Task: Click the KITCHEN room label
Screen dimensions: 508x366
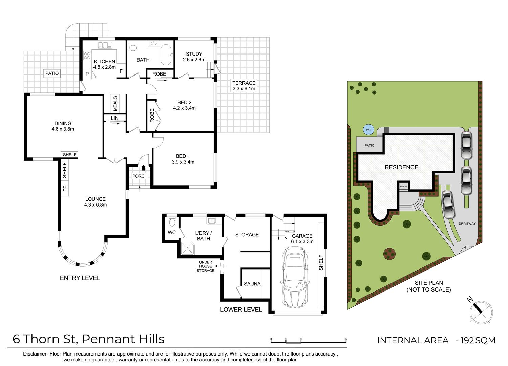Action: (x=105, y=62)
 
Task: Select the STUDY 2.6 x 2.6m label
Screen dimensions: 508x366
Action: (x=194, y=57)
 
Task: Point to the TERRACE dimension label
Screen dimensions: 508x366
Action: (x=244, y=86)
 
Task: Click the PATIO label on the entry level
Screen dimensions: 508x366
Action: (x=52, y=73)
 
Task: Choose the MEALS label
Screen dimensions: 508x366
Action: (x=115, y=103)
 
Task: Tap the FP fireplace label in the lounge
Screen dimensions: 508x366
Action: (x=65, y=188)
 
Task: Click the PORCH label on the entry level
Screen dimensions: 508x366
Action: (x=140, y=176)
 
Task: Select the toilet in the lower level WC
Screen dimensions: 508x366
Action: (x=172, y=221)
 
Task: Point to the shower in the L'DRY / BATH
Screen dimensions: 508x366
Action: (x=188, y=248)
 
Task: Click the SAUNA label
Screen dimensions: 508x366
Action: (x=252, y=284)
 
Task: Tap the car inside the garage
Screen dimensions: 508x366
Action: (x=295, y=277)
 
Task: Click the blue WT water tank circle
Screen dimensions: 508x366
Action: (x=368, y=130)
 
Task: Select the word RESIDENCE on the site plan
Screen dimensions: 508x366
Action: (x=401, y=167)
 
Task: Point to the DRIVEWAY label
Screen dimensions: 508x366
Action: (x=467, y=223)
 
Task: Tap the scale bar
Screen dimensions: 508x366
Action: (x=309, y=340)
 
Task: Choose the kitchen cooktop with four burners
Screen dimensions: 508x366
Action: (x=87, y=56)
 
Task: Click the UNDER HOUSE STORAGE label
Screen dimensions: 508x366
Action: (x=206, y=266)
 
